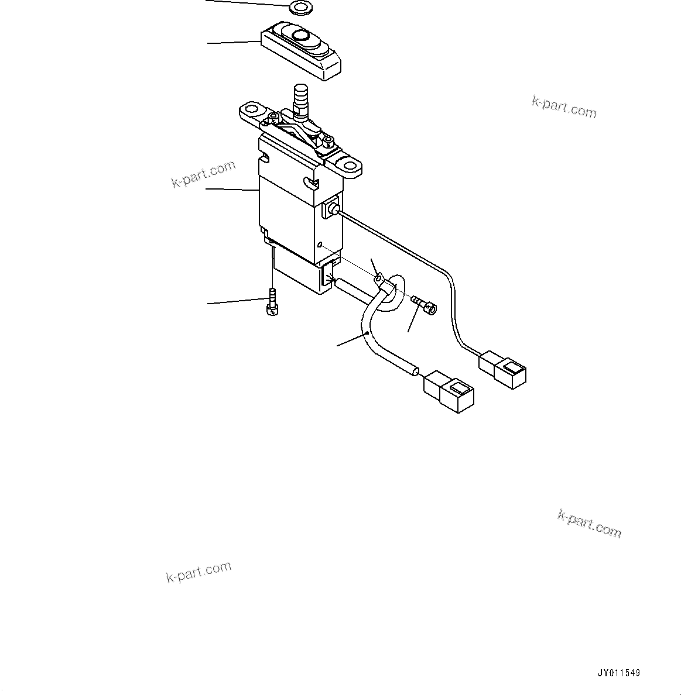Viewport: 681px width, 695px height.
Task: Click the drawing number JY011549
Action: (x=619, y=673)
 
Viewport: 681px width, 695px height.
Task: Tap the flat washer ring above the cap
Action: (x=300, y=8)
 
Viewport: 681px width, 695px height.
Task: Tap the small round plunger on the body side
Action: (x=334, y=209)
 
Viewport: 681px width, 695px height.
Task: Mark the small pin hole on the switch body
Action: (x=320, y=245)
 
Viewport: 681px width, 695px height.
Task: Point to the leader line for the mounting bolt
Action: (x=234, y=301)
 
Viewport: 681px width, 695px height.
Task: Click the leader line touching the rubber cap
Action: (x=234, y=42)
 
